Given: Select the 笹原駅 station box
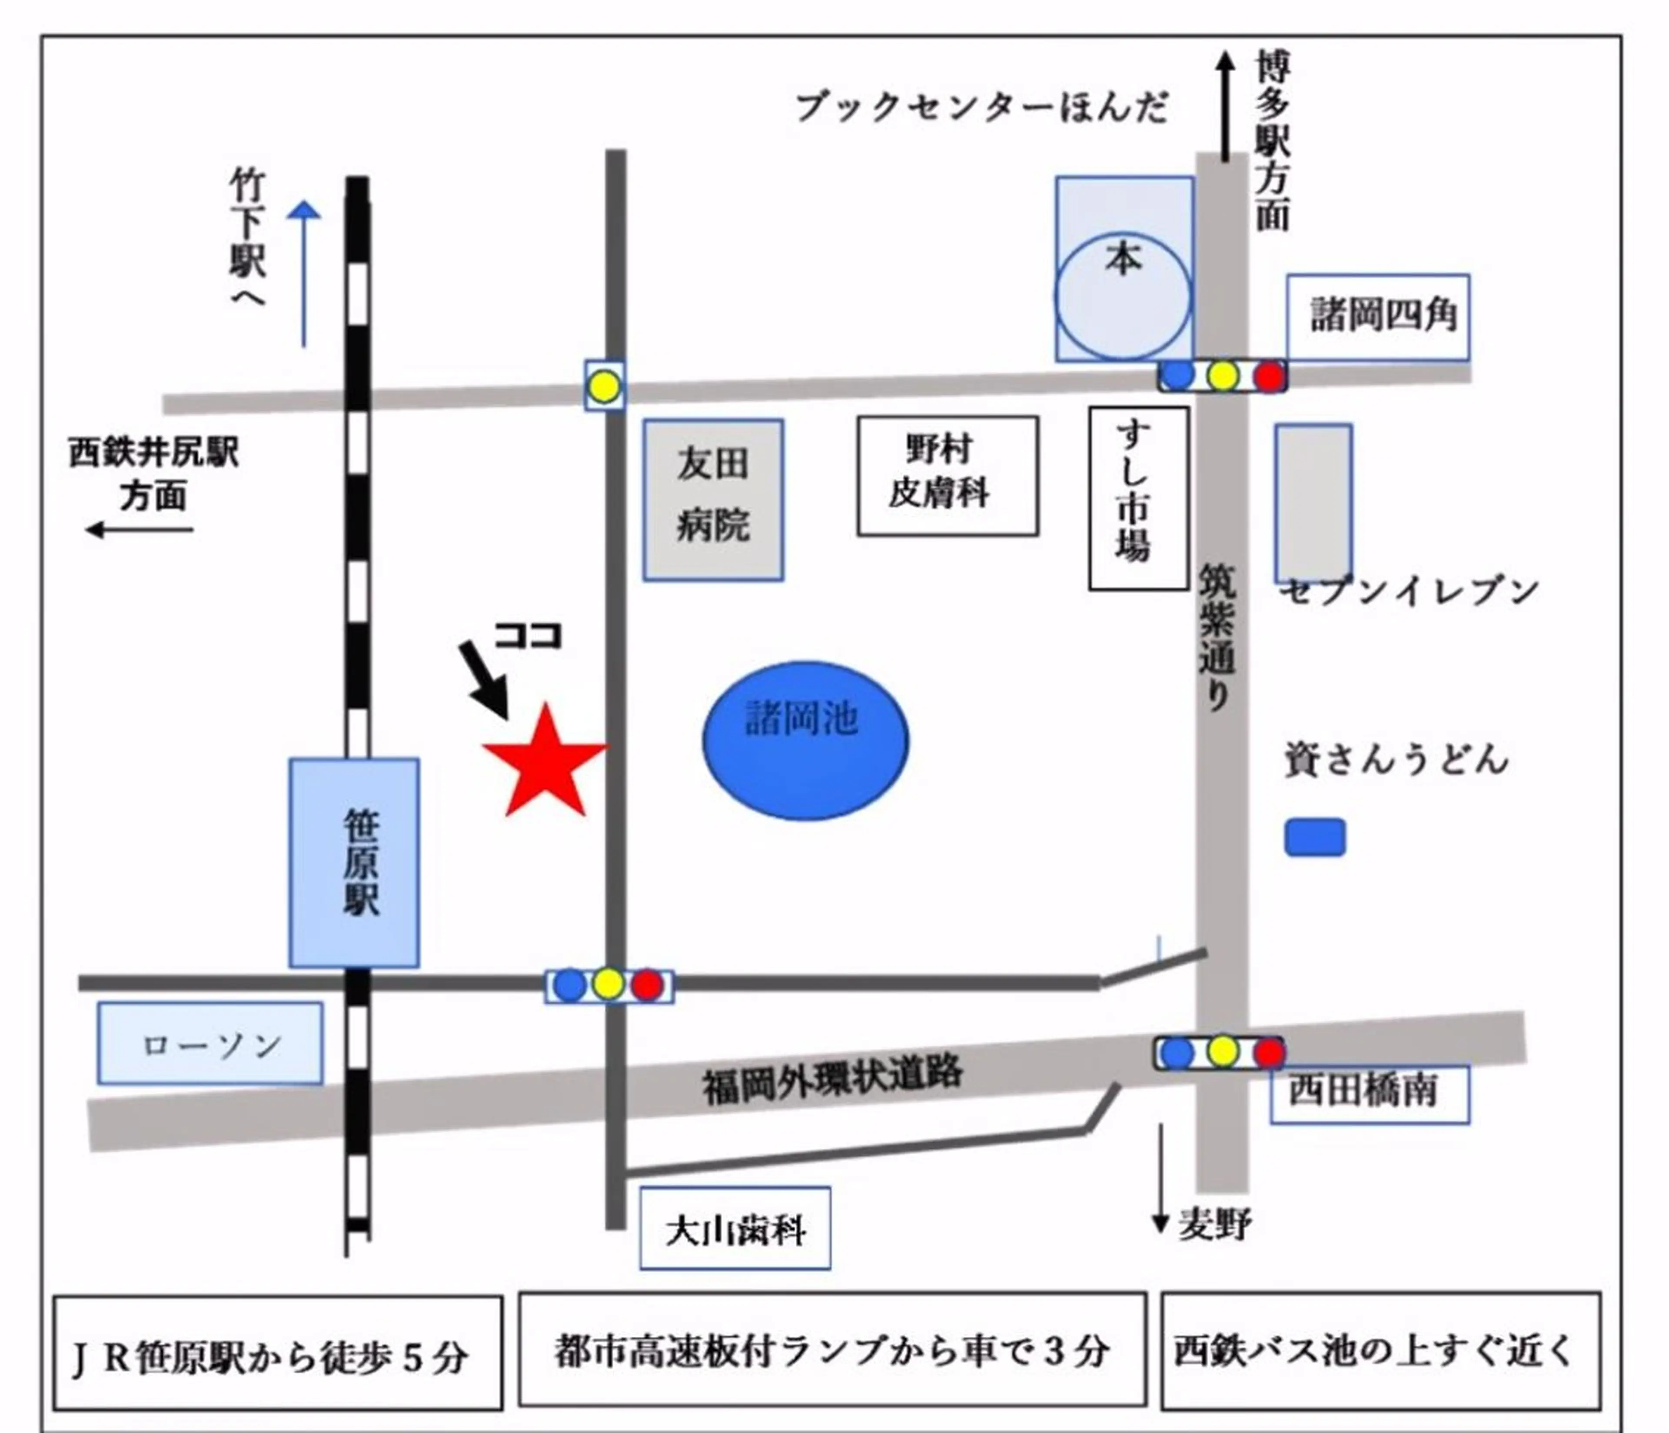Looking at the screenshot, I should pos(354,863).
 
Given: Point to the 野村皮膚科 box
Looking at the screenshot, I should pos(947,476).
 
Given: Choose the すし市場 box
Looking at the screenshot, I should pos(1138,498).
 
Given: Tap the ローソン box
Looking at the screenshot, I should pos(210,1043).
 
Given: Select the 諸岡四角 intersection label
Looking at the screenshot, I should pos(1377,316).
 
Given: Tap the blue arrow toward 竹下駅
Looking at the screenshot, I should pos(304,274).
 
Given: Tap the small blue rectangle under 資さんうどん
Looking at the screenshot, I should pos(1315,837).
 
